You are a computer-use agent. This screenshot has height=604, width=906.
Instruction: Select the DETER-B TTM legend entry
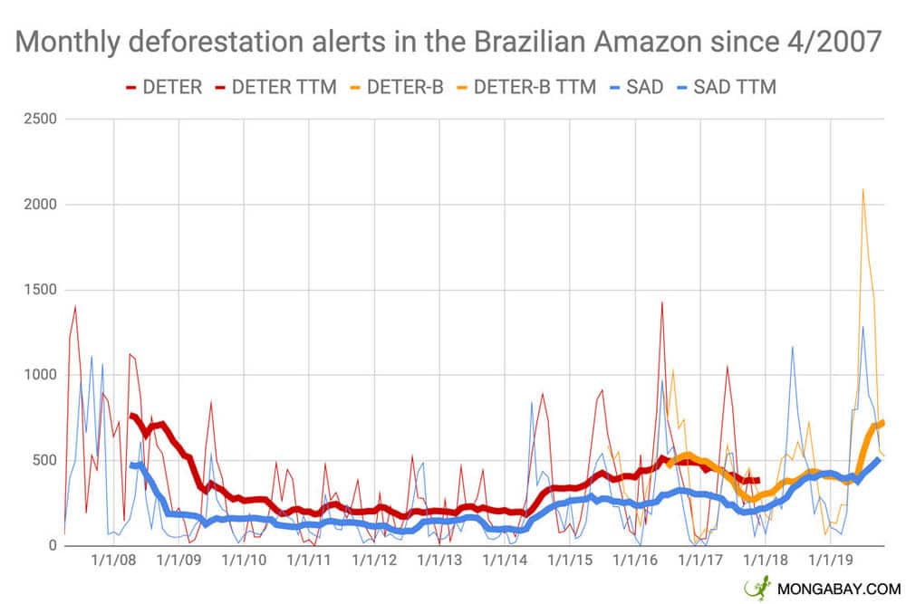coord(535,87)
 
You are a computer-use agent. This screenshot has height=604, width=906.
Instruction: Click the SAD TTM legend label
coord(735,87)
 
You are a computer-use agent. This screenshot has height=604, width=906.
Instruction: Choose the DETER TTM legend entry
coord(284,87)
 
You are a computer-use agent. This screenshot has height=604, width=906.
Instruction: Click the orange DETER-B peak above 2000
coord(863,190)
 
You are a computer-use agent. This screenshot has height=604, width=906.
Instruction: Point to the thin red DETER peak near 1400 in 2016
coord(662,303)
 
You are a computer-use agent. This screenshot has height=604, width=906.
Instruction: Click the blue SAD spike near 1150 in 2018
coord(792,348)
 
